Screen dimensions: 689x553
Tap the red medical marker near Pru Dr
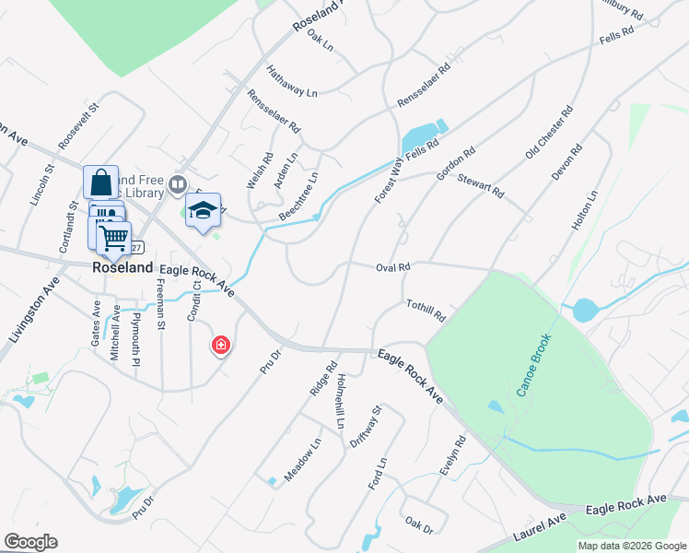[x=221, y=346]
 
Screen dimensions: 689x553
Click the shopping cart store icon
[x=113, y=237]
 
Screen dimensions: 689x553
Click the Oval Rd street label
[x=392, y=267]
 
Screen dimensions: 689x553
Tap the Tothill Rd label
[x=426, y=310]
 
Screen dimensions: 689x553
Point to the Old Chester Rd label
[x=549, y=133]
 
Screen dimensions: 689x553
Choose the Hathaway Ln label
[x=291, y=81]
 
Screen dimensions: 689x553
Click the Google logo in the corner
[x=30, y=542]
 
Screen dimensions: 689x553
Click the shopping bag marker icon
[x=100, y=181]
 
